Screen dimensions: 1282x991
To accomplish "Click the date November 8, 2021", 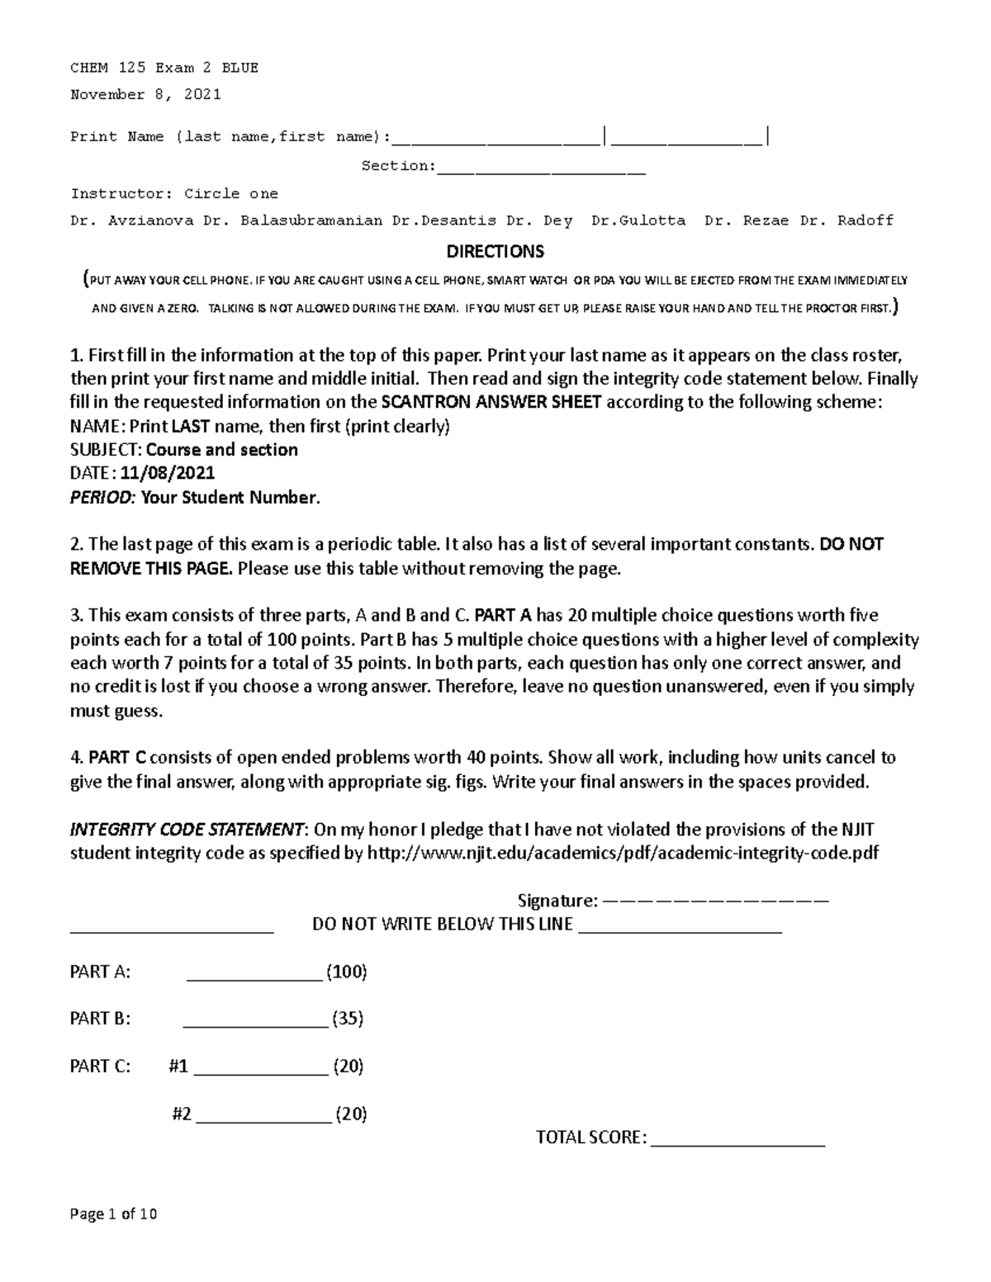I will point(145,94).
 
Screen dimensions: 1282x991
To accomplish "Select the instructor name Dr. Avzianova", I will point(132,220).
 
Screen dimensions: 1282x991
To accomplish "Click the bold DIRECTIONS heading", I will point(495,251).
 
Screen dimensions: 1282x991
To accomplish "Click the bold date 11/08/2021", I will point(168,473).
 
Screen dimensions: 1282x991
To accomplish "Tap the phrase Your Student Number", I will point(230,498).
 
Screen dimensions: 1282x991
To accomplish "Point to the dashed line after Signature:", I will point(715,901).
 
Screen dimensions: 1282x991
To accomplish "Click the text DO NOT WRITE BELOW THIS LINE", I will point(442,925).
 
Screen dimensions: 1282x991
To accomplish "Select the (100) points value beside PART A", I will point(346,972).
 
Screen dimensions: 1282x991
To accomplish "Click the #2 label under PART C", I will point(182,1114).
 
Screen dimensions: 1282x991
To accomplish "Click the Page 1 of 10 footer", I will point(113,1214).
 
